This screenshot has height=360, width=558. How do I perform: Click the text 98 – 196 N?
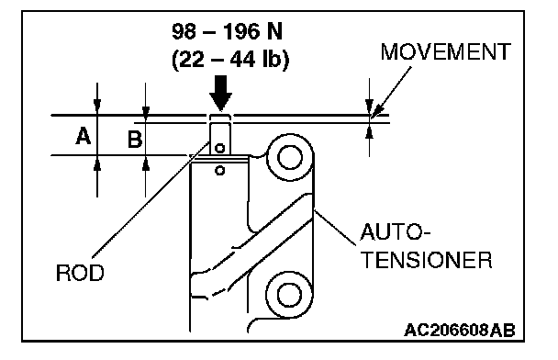pos(227,31)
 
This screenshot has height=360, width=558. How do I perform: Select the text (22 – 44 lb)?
pos(230,59)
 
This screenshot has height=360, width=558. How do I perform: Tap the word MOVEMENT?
pos(445,52)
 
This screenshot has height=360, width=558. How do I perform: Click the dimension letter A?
pos(84,136)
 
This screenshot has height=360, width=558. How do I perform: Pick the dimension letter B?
pos(135,139)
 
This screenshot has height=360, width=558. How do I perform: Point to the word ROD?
pos(80,273)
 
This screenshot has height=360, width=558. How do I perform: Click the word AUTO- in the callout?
pos(396,232)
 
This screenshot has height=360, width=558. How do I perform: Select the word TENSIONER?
pos(427,260)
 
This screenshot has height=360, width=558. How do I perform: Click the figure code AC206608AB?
pos(460,331)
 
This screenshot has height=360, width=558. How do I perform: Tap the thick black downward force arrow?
pos(220,93)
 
